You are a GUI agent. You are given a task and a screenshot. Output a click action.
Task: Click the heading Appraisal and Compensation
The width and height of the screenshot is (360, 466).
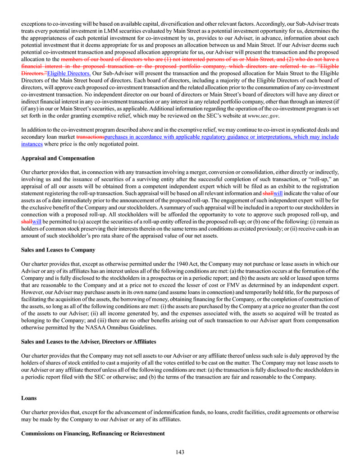coord(58,158)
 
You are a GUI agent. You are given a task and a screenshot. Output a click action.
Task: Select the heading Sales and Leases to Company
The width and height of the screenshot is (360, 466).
coord(58,250)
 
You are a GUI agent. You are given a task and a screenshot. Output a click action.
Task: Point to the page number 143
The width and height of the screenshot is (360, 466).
coord(180,452)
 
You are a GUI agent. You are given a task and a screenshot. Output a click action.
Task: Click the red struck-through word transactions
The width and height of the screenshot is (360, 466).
coord(91,137)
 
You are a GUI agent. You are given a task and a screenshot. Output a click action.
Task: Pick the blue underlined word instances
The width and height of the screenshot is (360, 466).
coord(32,144)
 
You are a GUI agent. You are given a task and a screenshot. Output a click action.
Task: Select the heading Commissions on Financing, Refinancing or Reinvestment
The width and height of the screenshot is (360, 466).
coord(93,433)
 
